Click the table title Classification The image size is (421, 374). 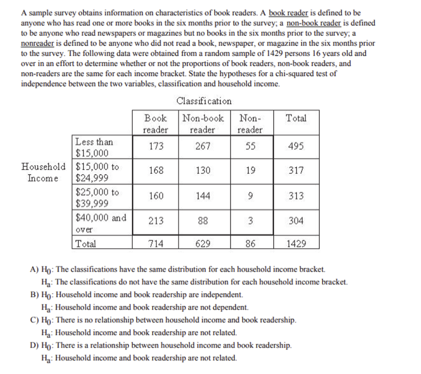(204, 101)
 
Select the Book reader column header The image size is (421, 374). (155, 124)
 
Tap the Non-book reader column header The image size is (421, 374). (203, 124)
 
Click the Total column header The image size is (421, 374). (296, 118)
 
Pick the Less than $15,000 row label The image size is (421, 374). (94, 148)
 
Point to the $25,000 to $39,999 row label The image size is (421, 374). (97, 198)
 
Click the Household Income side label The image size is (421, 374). (43, 172)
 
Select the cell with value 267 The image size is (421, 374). (203, 146)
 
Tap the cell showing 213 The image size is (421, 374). (156, 221)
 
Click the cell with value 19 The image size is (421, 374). (250, 171)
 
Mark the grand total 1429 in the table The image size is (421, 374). (296, 244)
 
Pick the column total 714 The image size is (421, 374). (156, 244)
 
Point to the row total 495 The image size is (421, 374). (296, 146)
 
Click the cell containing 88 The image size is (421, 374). (203, 221)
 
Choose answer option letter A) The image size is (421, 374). (35, 270)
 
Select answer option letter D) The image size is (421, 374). (35, 346)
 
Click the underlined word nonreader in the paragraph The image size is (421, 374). (37, 44)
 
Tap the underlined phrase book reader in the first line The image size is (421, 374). (289, 13)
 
